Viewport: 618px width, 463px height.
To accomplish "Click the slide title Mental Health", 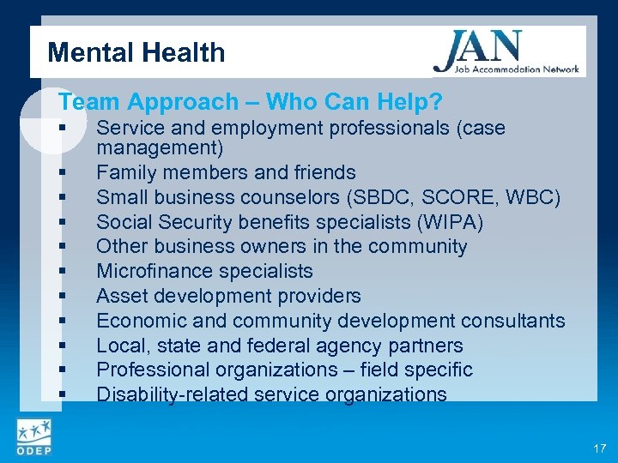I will click(x=136, y=53).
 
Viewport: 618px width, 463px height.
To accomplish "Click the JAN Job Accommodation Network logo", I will click(x=506, y=52).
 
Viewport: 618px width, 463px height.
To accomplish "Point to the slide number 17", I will click(x=597, y=448).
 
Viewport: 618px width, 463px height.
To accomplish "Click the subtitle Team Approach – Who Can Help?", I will click(x=251, y=102).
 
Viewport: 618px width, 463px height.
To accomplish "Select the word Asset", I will click(x=120, y=296).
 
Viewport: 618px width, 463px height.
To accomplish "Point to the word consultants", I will click(x=512, y=321).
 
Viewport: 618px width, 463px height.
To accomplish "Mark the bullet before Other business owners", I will click(x=64, y=246).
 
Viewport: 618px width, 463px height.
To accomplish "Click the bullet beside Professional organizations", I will click(x=64, y=370).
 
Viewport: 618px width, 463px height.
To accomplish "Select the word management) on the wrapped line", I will click(x=160, y=148).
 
